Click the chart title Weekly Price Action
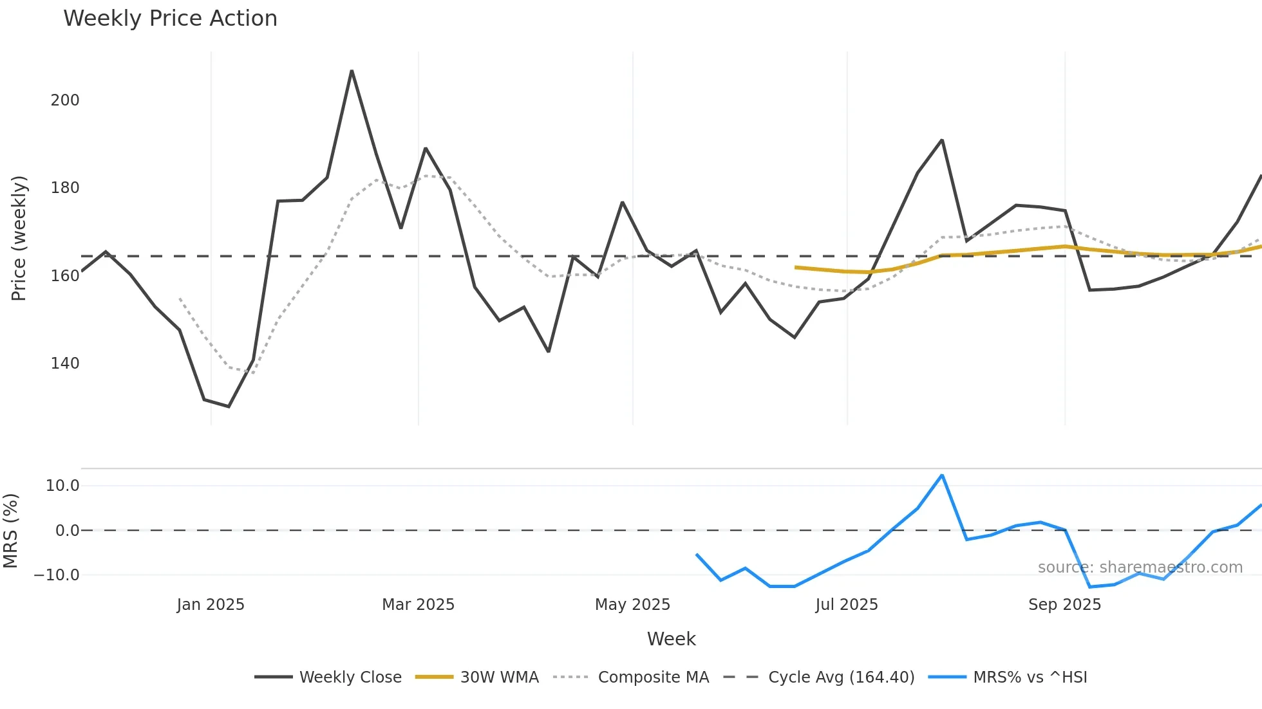point(170,19)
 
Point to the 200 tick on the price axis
point(65,100)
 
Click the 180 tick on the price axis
point(65,188)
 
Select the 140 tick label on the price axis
point(65,364)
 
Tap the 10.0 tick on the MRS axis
point(62,486)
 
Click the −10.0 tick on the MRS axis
point(57,575)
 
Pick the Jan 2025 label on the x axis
point(211,605)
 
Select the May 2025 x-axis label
point(632,605)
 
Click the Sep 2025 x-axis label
point(1064,605)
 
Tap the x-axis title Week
point(671,639)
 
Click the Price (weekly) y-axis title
point(19,238)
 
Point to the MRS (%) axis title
point(10,531)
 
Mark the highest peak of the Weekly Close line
point(352,71)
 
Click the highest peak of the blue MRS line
point(942,475)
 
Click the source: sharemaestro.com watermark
point(1140,567)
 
